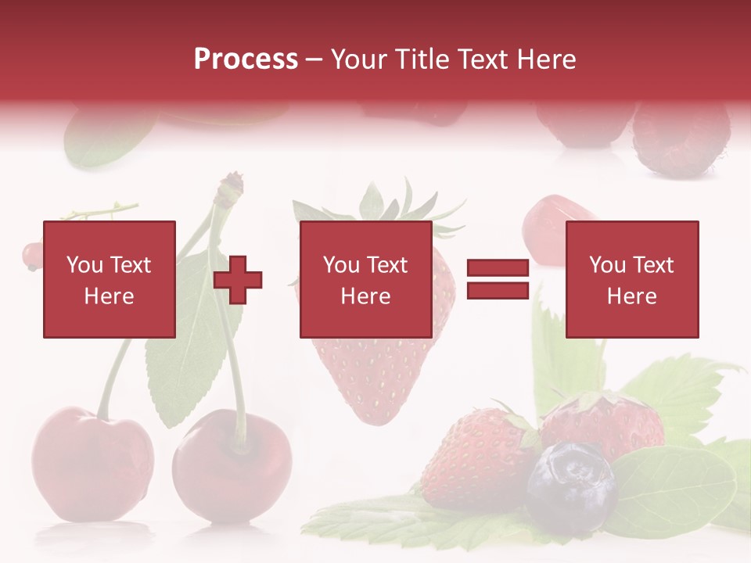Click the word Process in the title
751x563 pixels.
click(x=246, y=59)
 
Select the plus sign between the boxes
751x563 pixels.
click(x=238, y=280)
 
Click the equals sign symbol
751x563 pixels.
click(x=498, y=280)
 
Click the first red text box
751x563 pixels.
click(x=110, y=280)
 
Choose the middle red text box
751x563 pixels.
click(x=366, y=280)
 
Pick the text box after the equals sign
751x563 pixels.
click(x=632, y=280)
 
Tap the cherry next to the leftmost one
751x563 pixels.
click(x=232, y=464)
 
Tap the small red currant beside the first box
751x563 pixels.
click(x=32, y=255)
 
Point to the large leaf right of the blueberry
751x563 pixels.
click(x=673, y=489)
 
